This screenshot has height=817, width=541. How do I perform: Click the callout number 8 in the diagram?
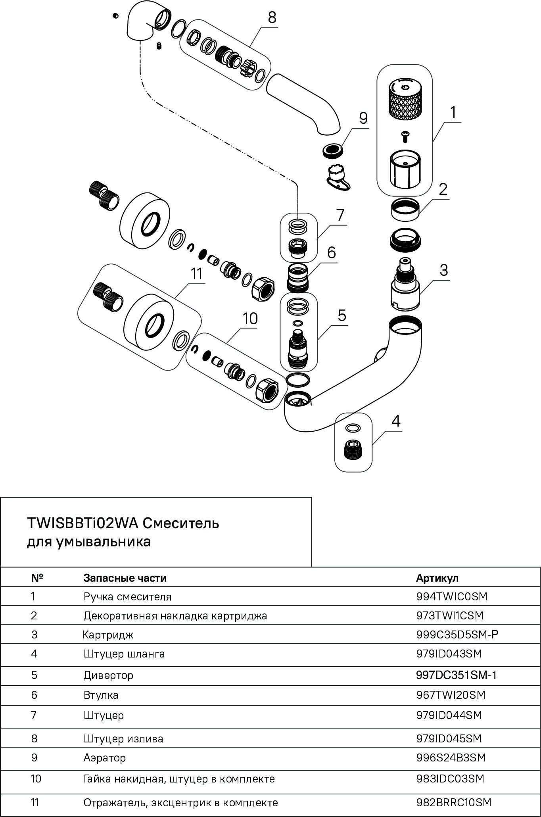[272, 18]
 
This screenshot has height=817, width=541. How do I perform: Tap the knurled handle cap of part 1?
[403, 98]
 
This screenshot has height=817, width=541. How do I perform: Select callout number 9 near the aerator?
[363, 119]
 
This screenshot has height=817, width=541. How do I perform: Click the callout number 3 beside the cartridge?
[443, 270]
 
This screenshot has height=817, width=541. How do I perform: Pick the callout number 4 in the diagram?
[396, 421]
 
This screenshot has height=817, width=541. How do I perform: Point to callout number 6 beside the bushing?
[331, 252]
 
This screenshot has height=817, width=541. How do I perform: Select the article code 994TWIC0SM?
[451, 596]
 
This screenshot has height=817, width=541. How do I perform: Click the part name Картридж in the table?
[108, 635]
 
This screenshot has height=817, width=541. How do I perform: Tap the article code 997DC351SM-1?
[456, 675]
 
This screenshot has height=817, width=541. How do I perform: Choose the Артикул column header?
[437, 578]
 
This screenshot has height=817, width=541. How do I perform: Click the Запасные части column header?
[125, 578]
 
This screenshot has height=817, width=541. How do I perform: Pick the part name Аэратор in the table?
[104, 758]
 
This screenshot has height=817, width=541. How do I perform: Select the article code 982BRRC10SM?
[454, 803]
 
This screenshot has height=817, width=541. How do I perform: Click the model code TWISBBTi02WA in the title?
[82, 523]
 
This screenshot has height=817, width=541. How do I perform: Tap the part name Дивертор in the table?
[108, 675]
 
